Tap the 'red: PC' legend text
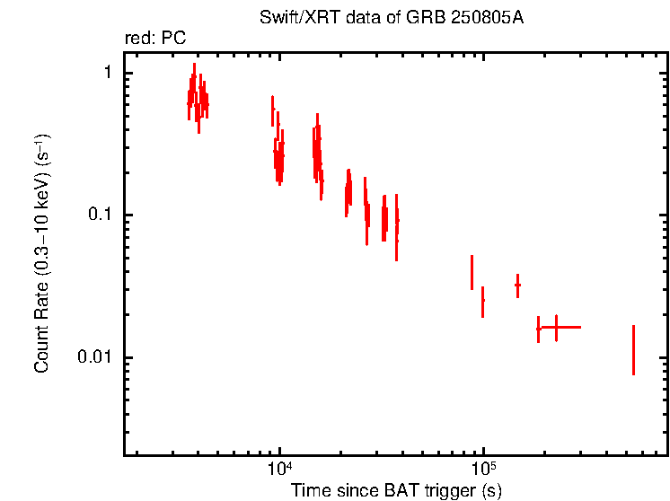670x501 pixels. [x=154, y=38]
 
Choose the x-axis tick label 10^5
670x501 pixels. [x=483, y=470]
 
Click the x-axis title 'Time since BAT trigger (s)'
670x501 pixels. [x=396, y=490]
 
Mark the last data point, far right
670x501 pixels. [x=633, y=350]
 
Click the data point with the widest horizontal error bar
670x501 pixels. [x=556, y=328]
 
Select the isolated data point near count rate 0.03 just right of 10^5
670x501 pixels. [x=517, y=285]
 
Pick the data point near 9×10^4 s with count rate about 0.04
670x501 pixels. [x=472, y=272]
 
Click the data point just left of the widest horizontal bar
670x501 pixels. [x=538, y=329]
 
